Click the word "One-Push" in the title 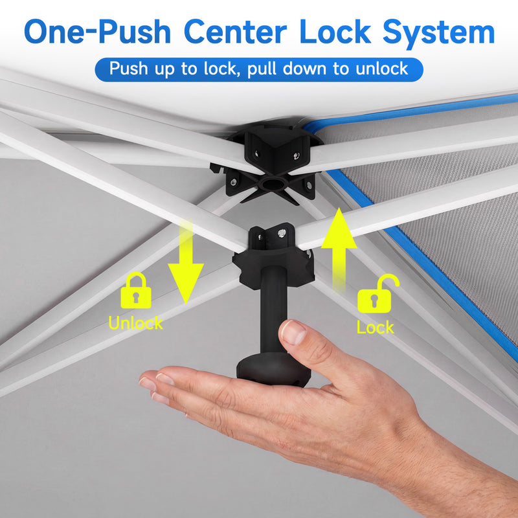[98, 32]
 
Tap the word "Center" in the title [235, 32]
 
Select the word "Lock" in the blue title [335, 32]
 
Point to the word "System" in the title [439, 34]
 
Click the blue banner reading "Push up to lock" [259, 69]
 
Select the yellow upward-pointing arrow [339, 250]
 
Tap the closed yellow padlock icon [136, 290]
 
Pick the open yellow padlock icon [377, 294]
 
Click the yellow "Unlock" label [135, 323]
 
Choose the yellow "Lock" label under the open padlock [376, 328]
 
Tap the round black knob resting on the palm [273, 368]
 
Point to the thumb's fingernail [293, 332]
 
